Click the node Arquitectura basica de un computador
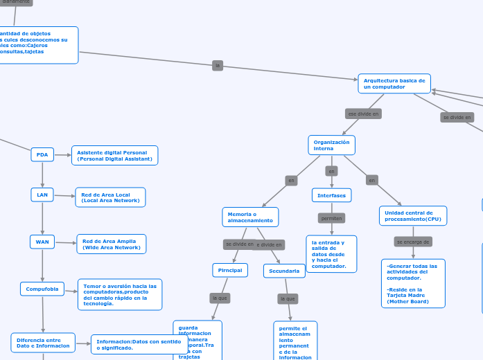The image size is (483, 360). pos(394,84)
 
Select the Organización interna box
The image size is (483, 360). pos(331,145)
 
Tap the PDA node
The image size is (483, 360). pos(42,154)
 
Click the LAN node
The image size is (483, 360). pos(42,195)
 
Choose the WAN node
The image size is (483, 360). pos(42,242)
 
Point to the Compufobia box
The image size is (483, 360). pos(42,289)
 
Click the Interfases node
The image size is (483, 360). pos(331,195)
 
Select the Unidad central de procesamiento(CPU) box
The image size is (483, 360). pos(413,216)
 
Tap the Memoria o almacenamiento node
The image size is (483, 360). pos(250,217)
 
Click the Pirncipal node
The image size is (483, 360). pos(230,270)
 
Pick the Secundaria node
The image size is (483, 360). pos(284,271)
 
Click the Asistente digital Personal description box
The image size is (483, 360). pos(114,155)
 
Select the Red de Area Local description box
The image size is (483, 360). pos(110,197)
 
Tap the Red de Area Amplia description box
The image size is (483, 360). pos(111,244)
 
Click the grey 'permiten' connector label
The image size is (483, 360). pos(331,218)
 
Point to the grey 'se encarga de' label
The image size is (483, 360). pos(413,242)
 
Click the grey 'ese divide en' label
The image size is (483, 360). pos(363,114)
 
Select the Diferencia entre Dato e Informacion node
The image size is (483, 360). pos(43,343)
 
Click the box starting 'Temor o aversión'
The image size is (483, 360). pos(120,294)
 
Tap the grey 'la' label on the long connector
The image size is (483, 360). pos(218,65)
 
